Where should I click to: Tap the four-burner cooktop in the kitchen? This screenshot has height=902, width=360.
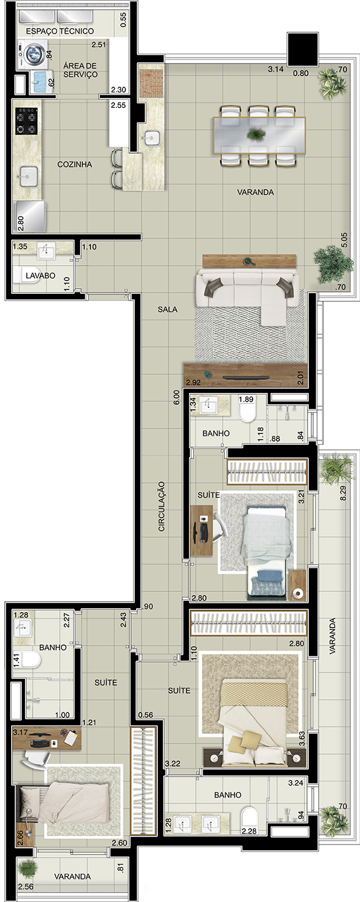(27, 121)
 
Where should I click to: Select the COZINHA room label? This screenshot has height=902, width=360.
(74, 164)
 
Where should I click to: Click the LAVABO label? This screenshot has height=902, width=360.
(41, 276)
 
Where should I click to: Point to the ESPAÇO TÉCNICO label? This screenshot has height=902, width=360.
(60, 31)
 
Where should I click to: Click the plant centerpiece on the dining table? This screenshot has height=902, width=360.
(255, 133)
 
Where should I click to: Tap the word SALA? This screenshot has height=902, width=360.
(167, 309)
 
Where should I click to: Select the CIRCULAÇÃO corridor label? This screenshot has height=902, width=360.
(162, 506)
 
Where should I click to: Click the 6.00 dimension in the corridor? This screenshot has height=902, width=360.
(177, 397)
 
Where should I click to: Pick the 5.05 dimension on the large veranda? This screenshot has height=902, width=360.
(344, 240)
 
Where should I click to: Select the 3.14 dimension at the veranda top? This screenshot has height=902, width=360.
(276, 69)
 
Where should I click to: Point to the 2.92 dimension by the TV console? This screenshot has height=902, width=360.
(193, 382)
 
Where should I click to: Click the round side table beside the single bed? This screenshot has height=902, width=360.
(298, 593)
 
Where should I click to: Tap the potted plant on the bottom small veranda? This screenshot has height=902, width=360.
(28, 868)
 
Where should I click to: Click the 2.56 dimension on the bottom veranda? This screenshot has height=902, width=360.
(26, 886)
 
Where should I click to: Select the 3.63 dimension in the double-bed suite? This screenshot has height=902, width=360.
(302, 739)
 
